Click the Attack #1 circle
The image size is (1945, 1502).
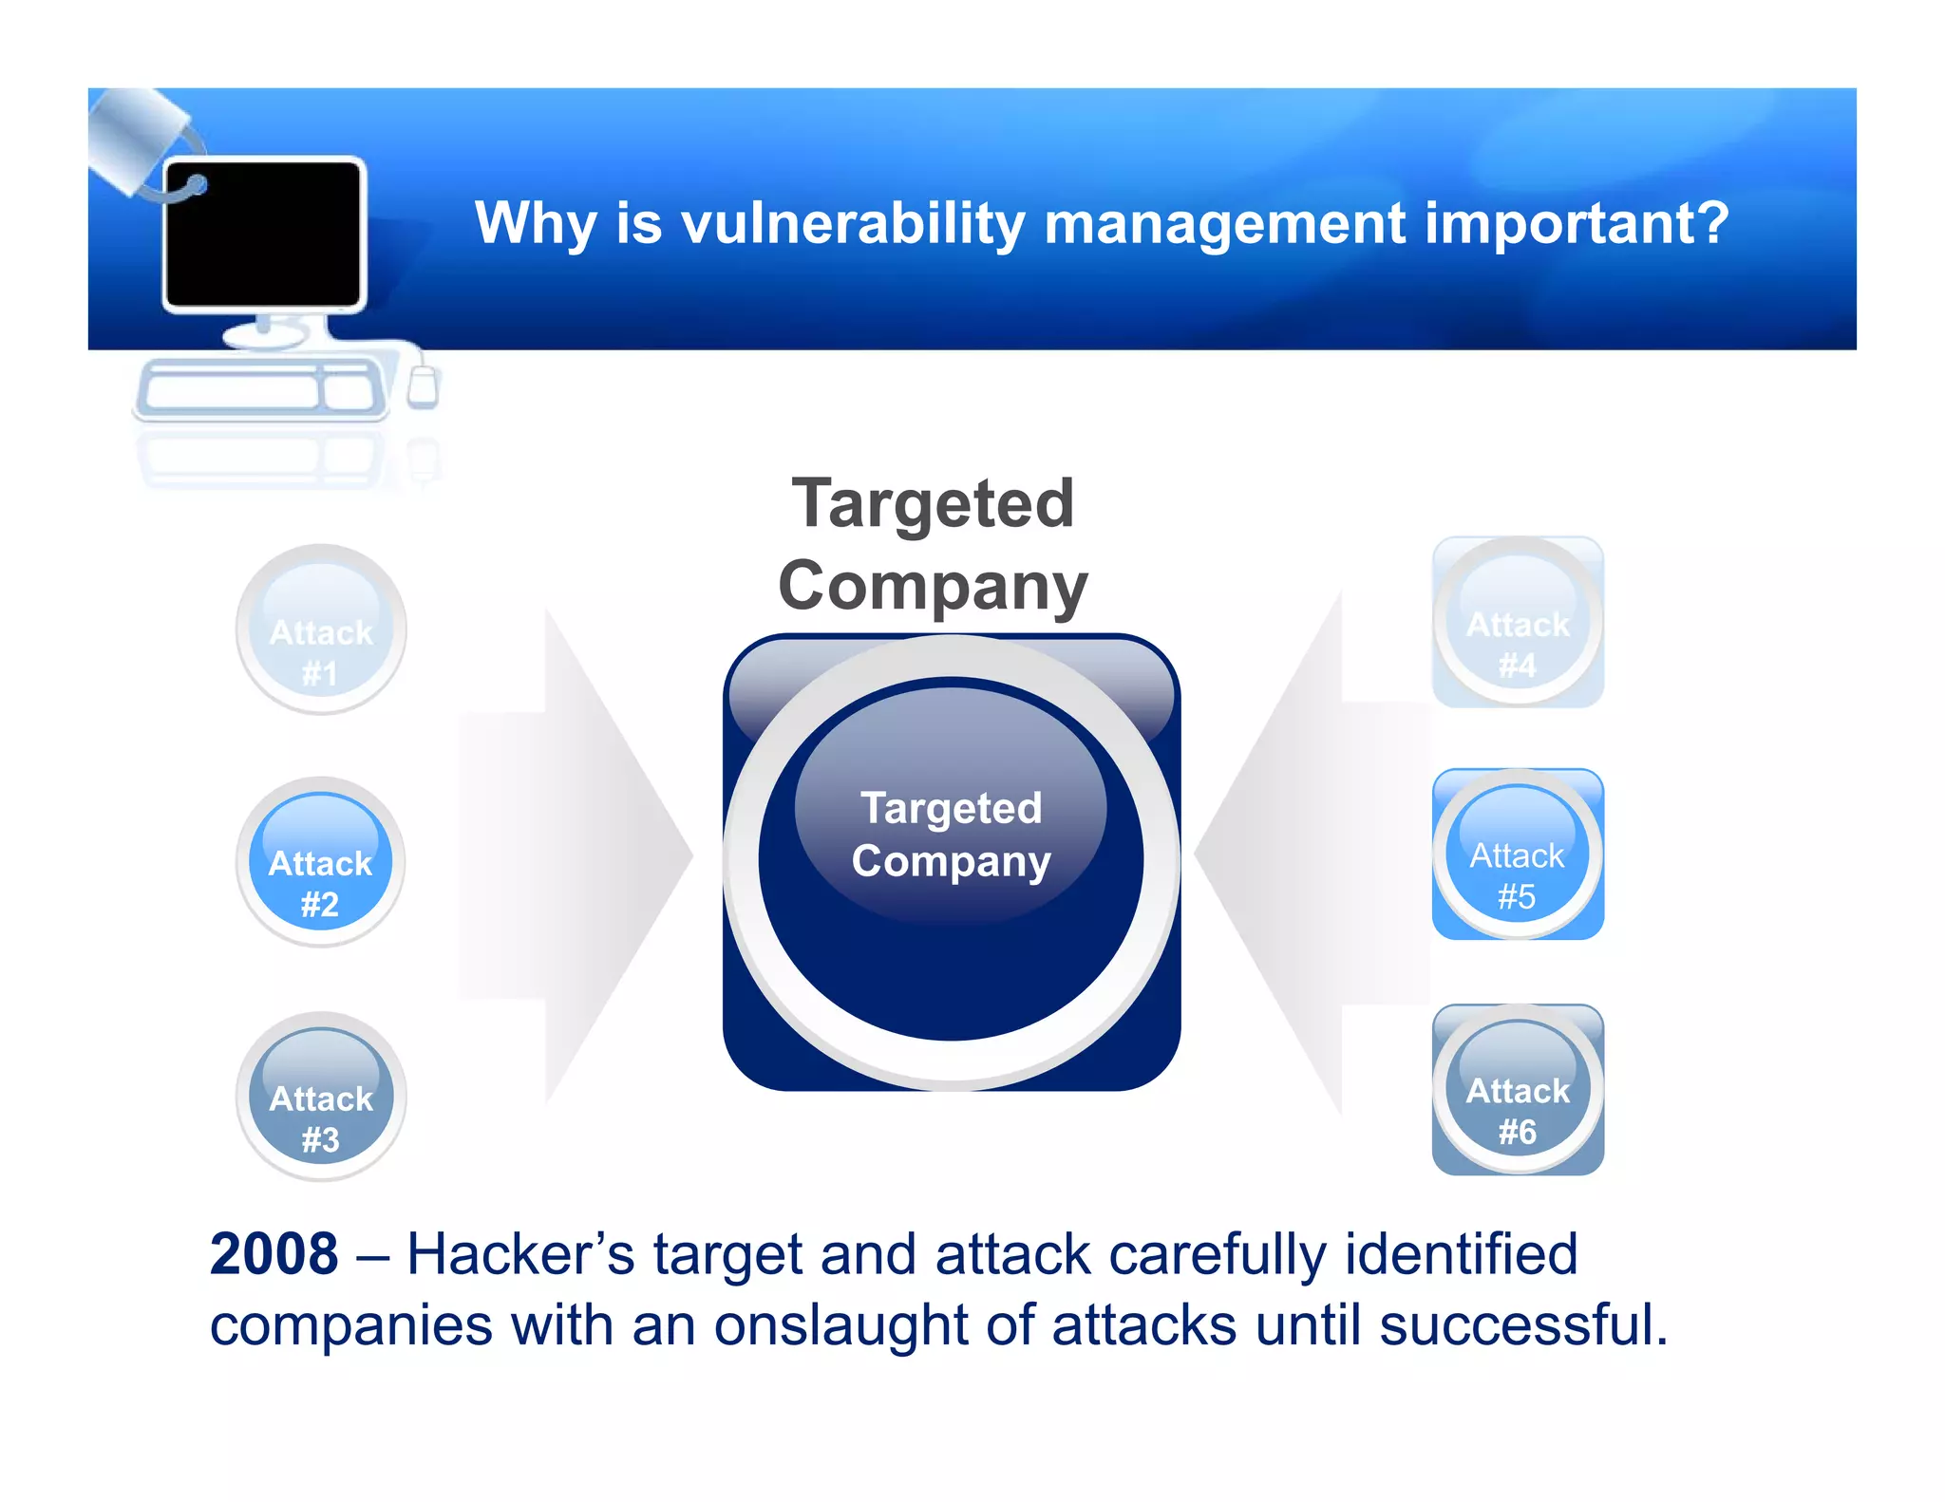(321, 629)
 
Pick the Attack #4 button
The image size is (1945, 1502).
(1518, 622)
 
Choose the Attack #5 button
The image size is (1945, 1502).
(1518, 854)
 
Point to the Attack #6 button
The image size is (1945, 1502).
(1518, 1090)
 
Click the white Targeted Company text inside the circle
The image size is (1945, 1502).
(951, 835)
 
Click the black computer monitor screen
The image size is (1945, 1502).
(263, 234)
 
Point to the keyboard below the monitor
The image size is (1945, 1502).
(258, 389)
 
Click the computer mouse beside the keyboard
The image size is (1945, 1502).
(422, 385)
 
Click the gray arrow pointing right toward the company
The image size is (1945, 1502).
(579, 854)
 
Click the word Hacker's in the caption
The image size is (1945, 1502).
(520, 1255)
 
